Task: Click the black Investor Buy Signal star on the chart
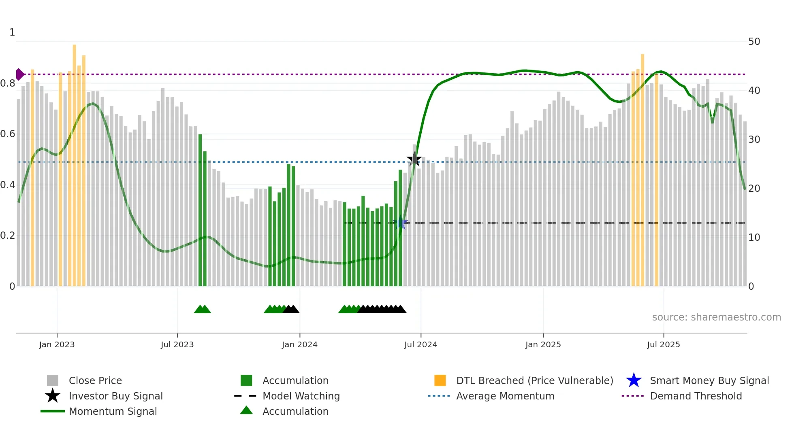(x=414, y=159)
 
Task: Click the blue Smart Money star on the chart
(x=400, y=223)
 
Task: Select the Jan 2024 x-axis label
(x=299, y=344)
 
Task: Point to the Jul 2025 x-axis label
(x=663, y=344)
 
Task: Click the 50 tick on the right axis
(x=754, y=42)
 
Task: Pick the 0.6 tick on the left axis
(x=8, y=134)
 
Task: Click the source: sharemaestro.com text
(x=716, y=317)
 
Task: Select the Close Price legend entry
(x=95, y=380)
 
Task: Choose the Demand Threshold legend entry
(x=696, y=396)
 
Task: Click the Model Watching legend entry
(x=301, y=396)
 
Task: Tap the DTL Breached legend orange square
(x=440, y=380)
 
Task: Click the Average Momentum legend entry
(x=505, y=396)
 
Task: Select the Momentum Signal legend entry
(x=113, y=411)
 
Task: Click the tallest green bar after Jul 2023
(x=200, y=210)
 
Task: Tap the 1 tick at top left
(x=12, y=32)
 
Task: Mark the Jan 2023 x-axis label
(x=57, y=344)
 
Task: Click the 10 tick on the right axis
(x=754, y=238)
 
